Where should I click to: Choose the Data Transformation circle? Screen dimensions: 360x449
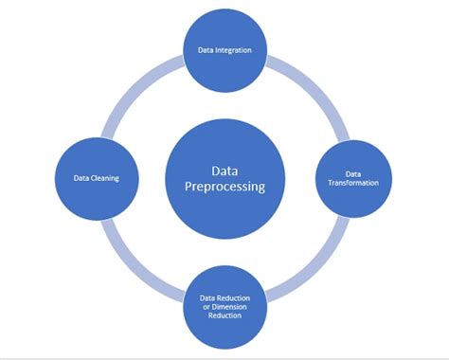[352, 177]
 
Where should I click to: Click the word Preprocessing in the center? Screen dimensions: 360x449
[224, 187]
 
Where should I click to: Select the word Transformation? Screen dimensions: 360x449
[352, 182]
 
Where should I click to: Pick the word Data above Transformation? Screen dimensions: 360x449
[352, 173]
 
